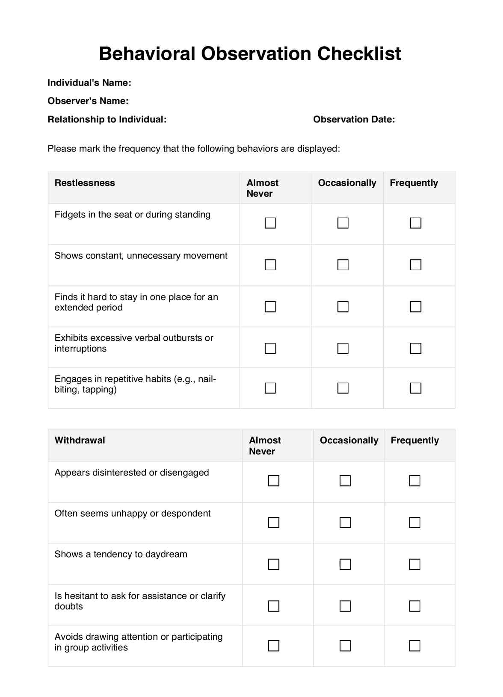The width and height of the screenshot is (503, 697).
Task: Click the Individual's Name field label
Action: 89,83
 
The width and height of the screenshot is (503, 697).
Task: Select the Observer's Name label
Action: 88,101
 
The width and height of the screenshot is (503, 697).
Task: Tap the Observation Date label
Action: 354,120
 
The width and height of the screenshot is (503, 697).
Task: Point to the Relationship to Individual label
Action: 107,120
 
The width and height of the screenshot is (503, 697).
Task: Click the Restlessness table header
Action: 85,183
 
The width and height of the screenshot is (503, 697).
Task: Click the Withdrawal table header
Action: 80,440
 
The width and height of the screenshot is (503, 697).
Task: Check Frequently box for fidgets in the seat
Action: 416,223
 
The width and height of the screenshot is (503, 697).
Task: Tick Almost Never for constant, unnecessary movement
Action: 270,265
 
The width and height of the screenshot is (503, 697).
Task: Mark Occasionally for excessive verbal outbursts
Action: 343,348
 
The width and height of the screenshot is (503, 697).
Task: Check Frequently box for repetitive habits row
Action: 416,388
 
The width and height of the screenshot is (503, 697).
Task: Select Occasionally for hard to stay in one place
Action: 343,307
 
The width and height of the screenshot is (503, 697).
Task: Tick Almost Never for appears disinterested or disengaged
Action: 274,481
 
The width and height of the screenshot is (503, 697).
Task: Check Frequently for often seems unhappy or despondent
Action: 414,523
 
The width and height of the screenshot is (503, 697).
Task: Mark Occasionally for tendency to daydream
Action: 345,564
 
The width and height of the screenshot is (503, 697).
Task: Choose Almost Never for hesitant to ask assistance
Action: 274,606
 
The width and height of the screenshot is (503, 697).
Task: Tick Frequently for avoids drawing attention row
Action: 414,645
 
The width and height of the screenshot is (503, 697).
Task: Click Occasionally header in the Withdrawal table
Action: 349,440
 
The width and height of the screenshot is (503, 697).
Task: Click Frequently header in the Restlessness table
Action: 414,183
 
